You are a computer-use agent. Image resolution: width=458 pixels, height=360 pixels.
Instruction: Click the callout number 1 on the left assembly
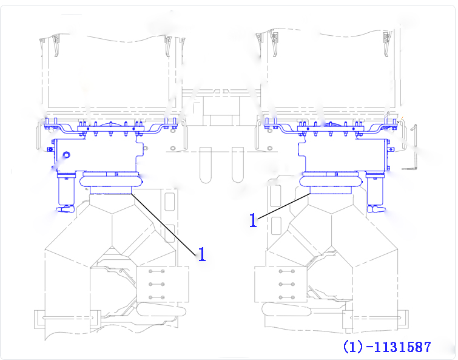(202, 254)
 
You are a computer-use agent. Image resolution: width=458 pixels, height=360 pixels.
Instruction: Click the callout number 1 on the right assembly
(253, 220)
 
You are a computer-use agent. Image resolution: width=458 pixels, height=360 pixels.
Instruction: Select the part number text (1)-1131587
(387, 347)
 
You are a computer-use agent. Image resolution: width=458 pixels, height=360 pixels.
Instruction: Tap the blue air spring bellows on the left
(111, 180)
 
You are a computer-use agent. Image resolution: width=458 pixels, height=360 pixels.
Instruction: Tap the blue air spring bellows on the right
(331, 180)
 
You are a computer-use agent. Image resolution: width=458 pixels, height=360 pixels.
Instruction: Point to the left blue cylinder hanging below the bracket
(66, 190)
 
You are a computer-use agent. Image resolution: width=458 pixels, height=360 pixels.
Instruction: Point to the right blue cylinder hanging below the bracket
(375, 189)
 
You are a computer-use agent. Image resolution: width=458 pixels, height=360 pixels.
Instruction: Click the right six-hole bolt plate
(281, 284)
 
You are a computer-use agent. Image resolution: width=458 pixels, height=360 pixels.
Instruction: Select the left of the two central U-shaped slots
(206, 165)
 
